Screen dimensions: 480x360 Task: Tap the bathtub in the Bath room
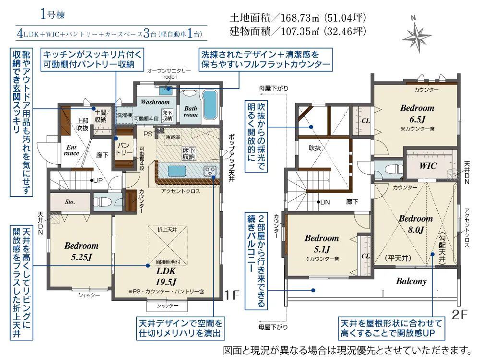210,105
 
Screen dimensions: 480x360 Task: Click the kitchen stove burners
210,171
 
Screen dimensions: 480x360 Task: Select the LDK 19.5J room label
166,276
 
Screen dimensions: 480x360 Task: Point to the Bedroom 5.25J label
82,252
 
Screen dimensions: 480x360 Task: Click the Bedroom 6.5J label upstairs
417,113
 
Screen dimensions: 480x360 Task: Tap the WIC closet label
428,166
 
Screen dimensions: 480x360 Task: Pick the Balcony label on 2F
411,281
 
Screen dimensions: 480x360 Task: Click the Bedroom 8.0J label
416,224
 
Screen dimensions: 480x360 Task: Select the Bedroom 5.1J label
322,243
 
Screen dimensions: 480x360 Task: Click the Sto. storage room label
70,202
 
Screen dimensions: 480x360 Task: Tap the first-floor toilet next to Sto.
104,202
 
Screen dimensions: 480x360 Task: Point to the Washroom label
155,102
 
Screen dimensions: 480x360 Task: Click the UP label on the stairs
97,180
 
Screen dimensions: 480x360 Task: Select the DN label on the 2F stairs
325,202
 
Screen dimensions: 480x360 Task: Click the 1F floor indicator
231,295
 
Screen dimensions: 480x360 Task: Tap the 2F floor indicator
459,314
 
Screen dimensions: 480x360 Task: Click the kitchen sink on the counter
177,170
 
